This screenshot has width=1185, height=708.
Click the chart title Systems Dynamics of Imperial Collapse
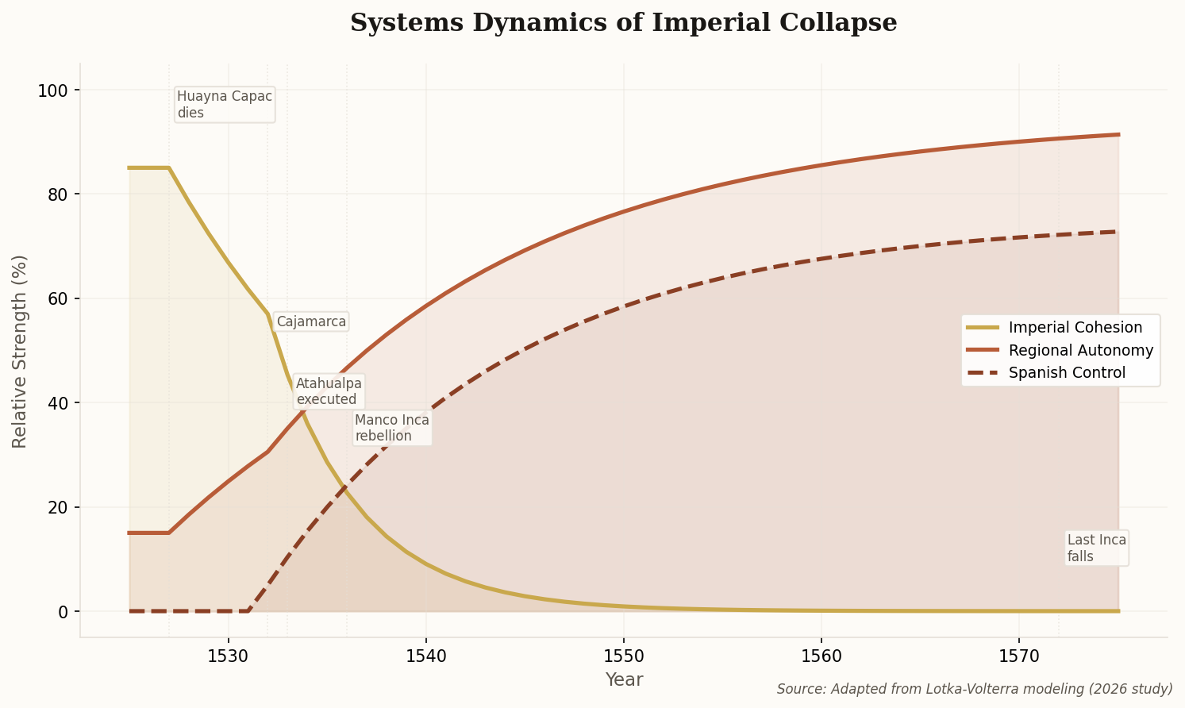(x=623, y=23)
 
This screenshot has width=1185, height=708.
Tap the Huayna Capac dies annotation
(x=225, y=105)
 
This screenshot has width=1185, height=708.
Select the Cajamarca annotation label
(x=311, y=321)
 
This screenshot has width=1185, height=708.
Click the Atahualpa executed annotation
(x=329, y=391)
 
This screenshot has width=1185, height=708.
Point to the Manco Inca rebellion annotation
(x=392, y=428)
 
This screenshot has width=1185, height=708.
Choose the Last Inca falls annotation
(x=1096, y=548)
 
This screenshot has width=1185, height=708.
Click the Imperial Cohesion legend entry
(x=1075, y=328)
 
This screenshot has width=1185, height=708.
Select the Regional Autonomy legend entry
(x=1080, y=350)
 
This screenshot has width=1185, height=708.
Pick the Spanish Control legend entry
(x=1067, y=373)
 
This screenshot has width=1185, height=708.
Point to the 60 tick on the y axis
(x=59, y=299)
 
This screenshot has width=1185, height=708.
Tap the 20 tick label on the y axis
(x=59, y=508)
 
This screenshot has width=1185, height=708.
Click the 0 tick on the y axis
(x=64, y=612)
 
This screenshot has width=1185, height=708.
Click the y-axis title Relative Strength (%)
(x=20, y=351)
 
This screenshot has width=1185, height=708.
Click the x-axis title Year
(x=624, y=680)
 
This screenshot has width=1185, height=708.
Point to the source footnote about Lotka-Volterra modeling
(x=974, y=689)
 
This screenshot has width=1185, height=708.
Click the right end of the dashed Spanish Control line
(x=1117, y=232)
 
